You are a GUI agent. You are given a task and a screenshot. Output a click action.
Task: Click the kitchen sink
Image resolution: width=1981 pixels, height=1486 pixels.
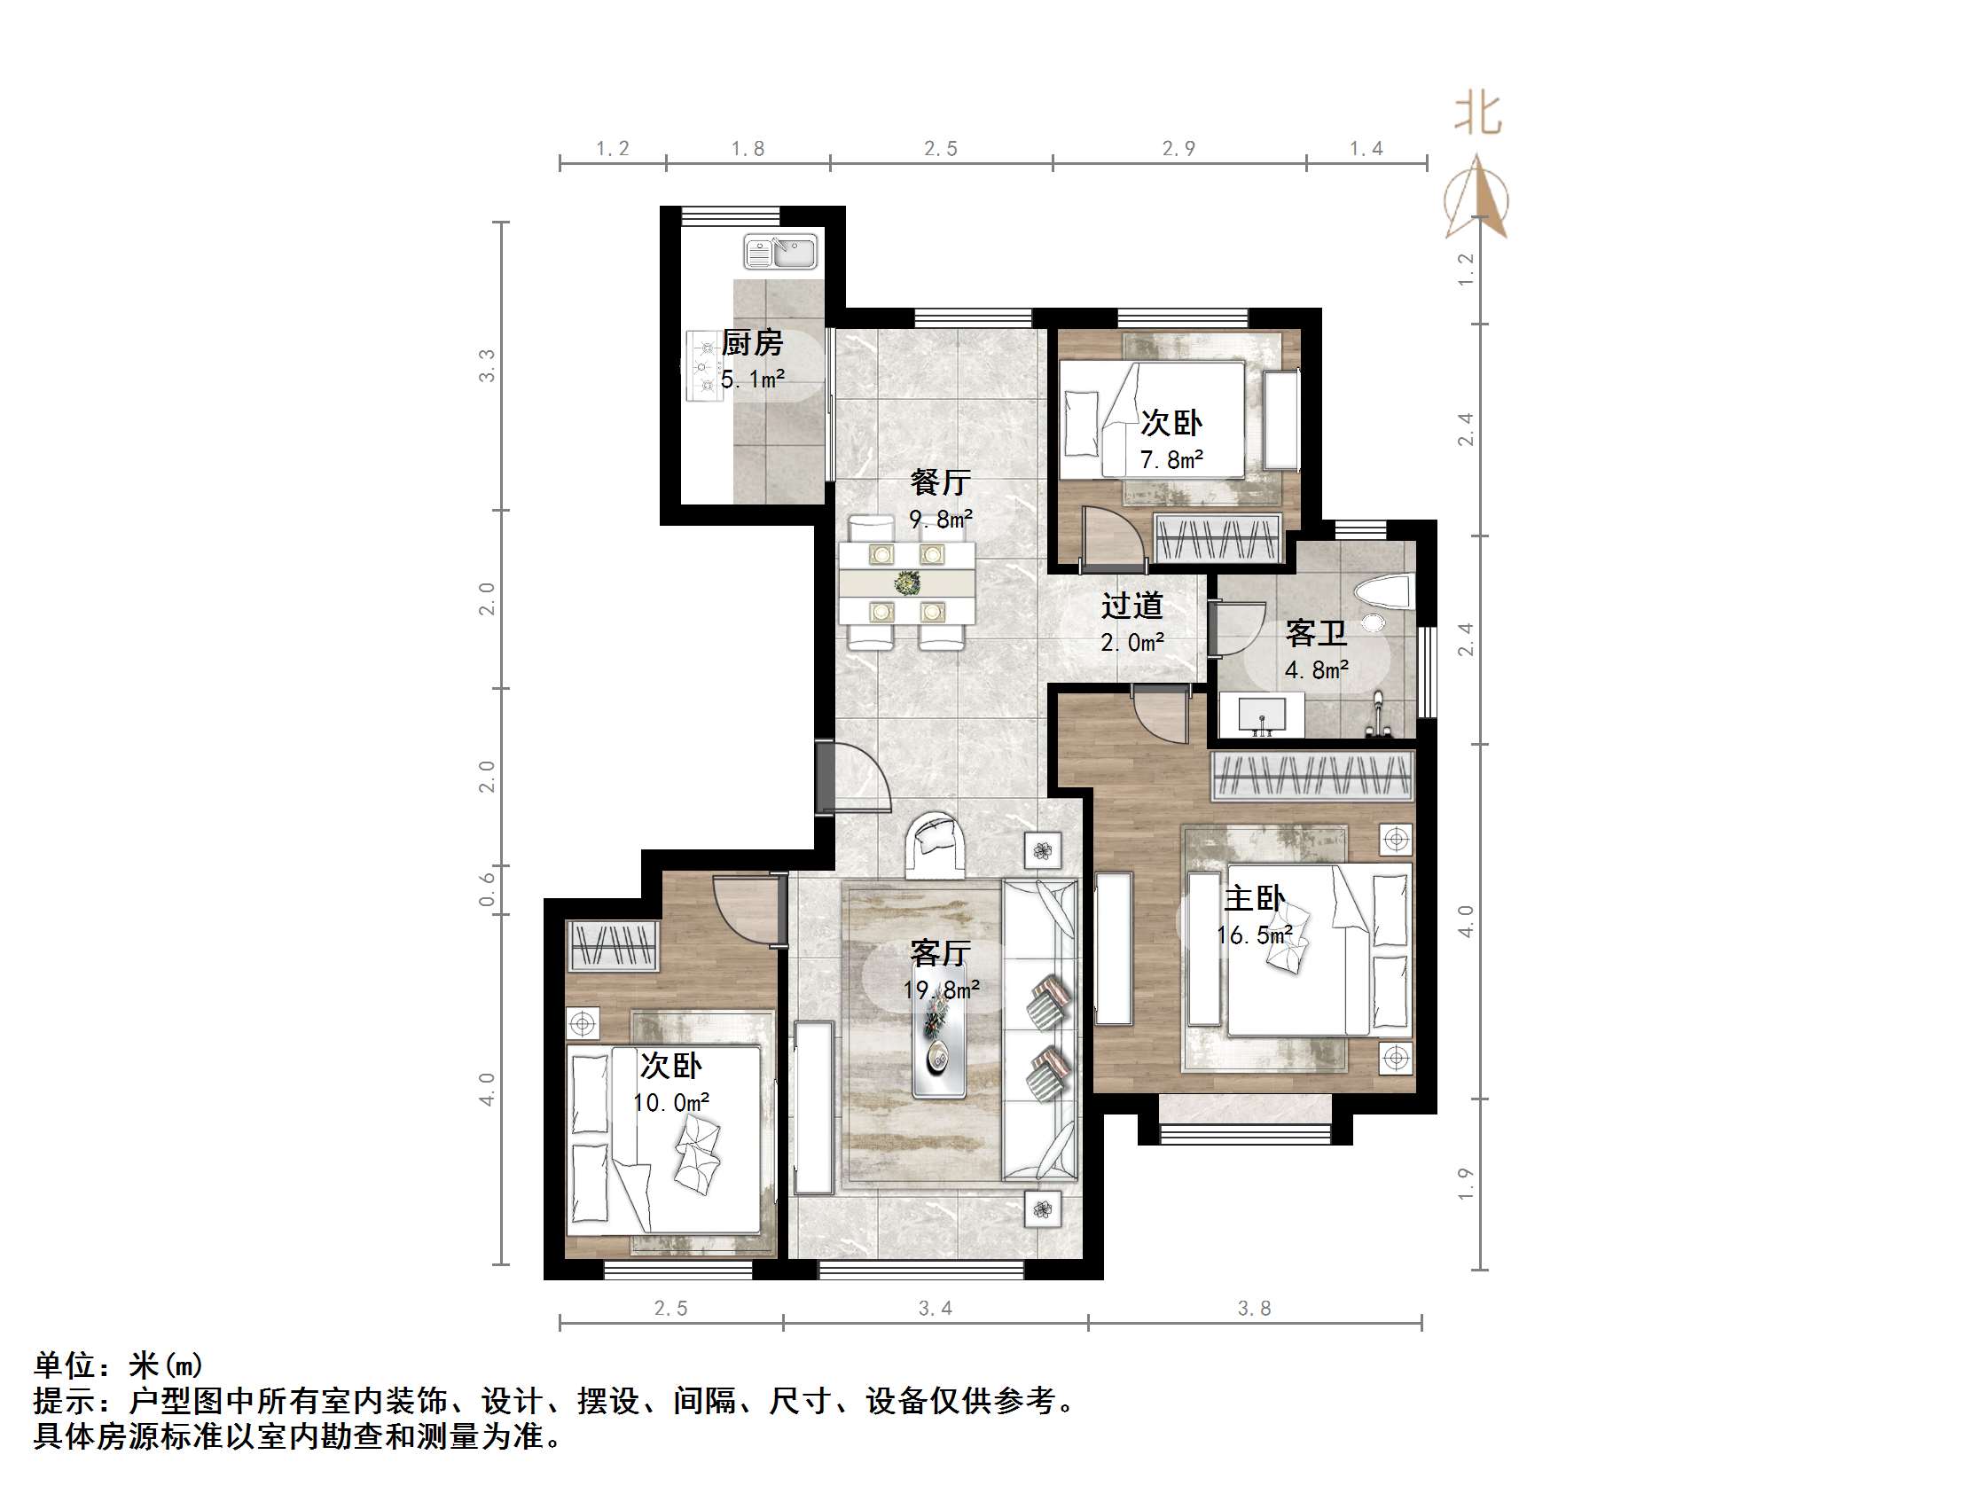pyautogui.click(x=780, y=252)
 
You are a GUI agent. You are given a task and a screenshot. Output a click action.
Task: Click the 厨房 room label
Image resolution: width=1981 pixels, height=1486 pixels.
pyautogui.click(x=751, y=343)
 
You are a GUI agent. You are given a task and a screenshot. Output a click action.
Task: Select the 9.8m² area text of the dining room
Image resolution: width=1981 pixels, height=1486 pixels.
pyautogui.click(x=939, y=519)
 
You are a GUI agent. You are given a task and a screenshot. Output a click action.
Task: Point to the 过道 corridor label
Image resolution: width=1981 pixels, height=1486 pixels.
pyautogui.click(x=1132, y=606)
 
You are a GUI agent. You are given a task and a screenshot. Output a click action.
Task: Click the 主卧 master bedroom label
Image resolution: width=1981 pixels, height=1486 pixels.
pyautogui.click(x=1254, y=897)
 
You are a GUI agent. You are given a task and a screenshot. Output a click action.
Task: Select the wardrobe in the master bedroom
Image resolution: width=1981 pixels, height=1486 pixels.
pyautogui.click(x=1312, y=775)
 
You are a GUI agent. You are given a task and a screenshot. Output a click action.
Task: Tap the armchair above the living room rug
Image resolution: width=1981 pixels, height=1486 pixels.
pyautogui.click(x=935, y=845)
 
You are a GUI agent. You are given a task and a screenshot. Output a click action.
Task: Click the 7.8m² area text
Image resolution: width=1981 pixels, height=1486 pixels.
pyautogui.click(x=1171, y=459)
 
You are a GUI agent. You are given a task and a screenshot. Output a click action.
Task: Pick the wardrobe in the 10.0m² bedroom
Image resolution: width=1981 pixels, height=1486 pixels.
pyautogui.click(x=614, y=945)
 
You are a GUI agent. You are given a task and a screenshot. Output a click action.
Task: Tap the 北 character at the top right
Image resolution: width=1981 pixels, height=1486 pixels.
pyautogui.click(x=1476, y=113)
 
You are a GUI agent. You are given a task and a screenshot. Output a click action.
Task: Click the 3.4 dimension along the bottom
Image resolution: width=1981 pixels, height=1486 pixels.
pyautogui.click(x=935, y=1309)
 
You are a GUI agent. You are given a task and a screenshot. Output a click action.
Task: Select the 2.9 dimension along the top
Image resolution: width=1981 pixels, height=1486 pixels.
pyautogui.click(x=1178, y=149)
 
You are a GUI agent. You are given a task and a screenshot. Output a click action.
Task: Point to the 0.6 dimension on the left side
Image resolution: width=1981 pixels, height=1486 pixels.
pyautogui.click(x=486, y=888)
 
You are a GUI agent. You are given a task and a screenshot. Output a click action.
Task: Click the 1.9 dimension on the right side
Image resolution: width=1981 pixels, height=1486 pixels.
pyautogui.click(x=1465, y=1184)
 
